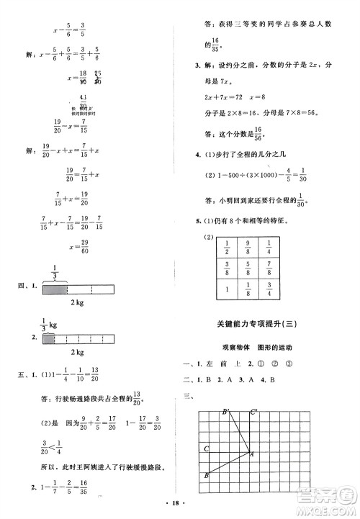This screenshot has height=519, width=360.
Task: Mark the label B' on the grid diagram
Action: pyautogui.click(x=225, y=412)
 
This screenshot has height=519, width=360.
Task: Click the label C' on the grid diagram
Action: pyautogui.click(x=253, y=412)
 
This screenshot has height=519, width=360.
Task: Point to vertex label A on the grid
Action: pyautogui.click(x=252, y=454)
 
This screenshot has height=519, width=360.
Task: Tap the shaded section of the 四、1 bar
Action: pyautogui.click(x=55, y=288)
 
